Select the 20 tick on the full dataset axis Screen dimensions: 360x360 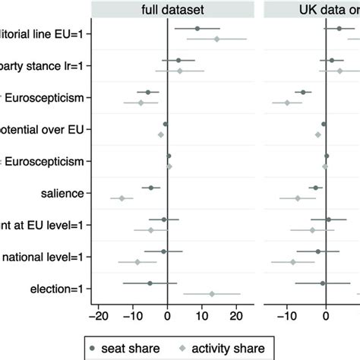click(236, 317)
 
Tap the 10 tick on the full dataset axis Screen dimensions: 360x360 click(202, 317)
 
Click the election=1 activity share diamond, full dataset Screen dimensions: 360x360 click(212, 294)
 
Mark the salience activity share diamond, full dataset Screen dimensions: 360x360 click(122, 198)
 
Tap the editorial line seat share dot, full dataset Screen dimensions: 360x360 click(197, 28)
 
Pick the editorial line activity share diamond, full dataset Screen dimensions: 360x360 click(216, 39)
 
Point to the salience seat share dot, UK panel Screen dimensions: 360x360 click(315, 188)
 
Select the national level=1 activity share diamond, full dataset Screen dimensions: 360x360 click(137, 262)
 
